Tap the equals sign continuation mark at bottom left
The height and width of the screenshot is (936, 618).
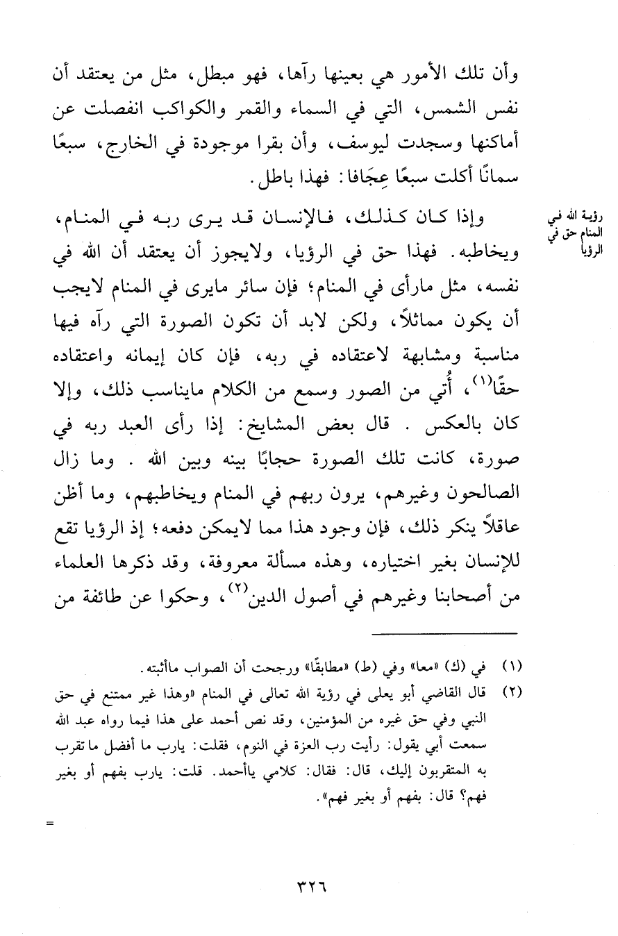[x=49, y=825]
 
